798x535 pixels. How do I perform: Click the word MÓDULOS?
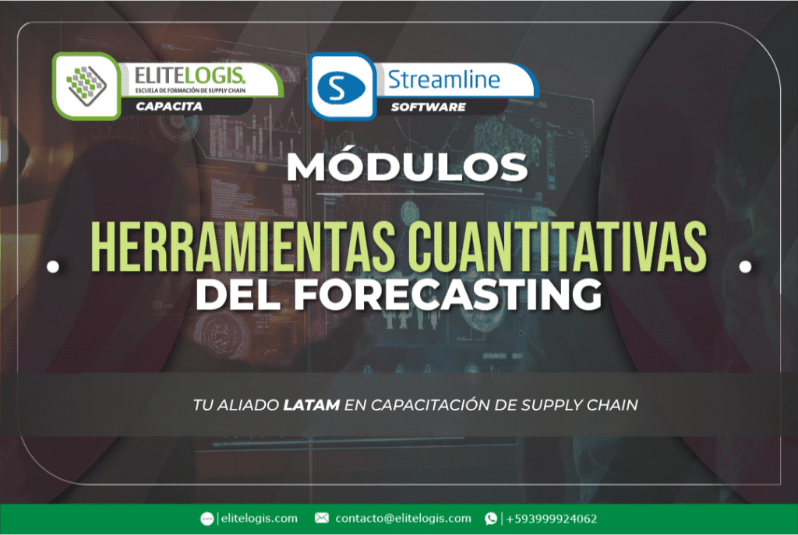point(399,167)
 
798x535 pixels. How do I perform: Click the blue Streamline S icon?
point(337,86)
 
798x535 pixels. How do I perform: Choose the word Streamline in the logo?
point(443,79)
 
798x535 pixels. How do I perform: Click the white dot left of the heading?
point(53,266)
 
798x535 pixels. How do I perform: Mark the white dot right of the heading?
point(745,266)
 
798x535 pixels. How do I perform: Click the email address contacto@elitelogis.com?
point(403,518)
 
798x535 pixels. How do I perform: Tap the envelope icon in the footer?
point(321,518)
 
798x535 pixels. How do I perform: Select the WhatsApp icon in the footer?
point(491,518)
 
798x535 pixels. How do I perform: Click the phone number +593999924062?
point(552,518)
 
